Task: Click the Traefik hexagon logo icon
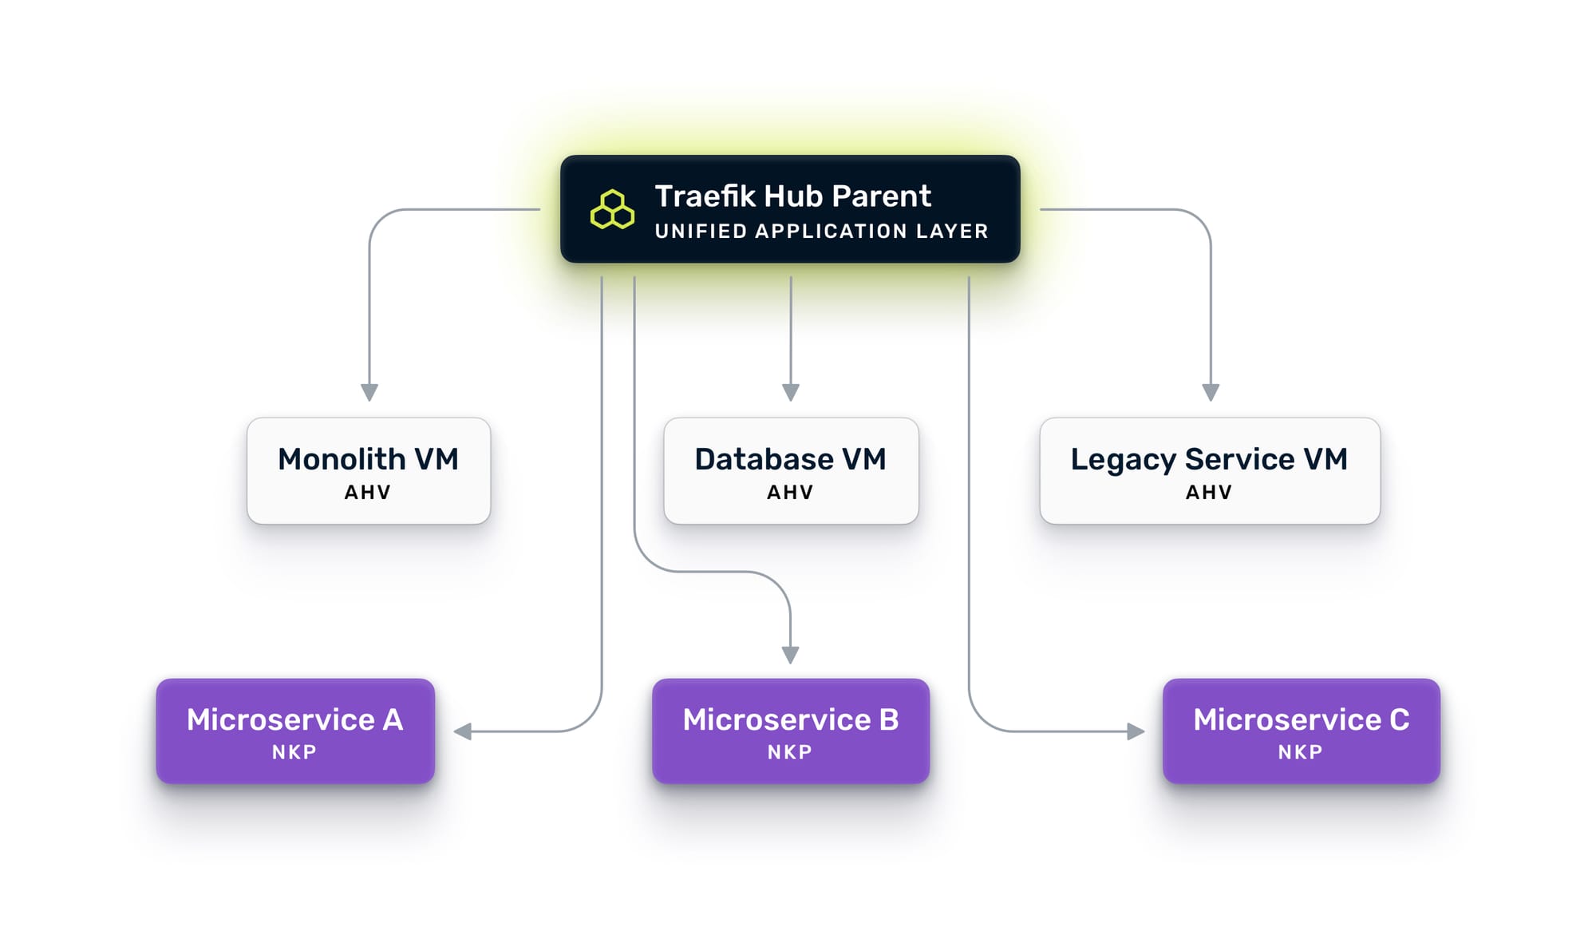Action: point(612,210)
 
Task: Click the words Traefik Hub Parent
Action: point(792,196)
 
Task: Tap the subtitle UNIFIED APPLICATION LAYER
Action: point(821,232)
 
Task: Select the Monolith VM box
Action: point(369,470)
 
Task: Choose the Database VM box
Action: point(791,470)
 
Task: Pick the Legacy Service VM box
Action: point(1210,470)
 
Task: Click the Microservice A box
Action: point(295,731)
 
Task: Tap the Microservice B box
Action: point(791,731)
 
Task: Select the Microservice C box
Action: point(1302,731)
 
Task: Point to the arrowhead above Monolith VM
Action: point(369,392)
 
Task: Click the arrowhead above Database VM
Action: point(791,392)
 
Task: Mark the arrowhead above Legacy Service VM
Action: point(1211,392)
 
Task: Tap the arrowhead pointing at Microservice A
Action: point(463,731)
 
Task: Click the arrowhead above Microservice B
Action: point(791,655)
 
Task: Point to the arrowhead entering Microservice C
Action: point(1135,731)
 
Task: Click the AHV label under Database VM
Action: point(790,493)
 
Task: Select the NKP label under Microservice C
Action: point(1300,752)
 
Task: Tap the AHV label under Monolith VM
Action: point(368,493)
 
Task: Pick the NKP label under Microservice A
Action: point(294,752)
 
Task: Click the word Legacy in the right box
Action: point(1123,460)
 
